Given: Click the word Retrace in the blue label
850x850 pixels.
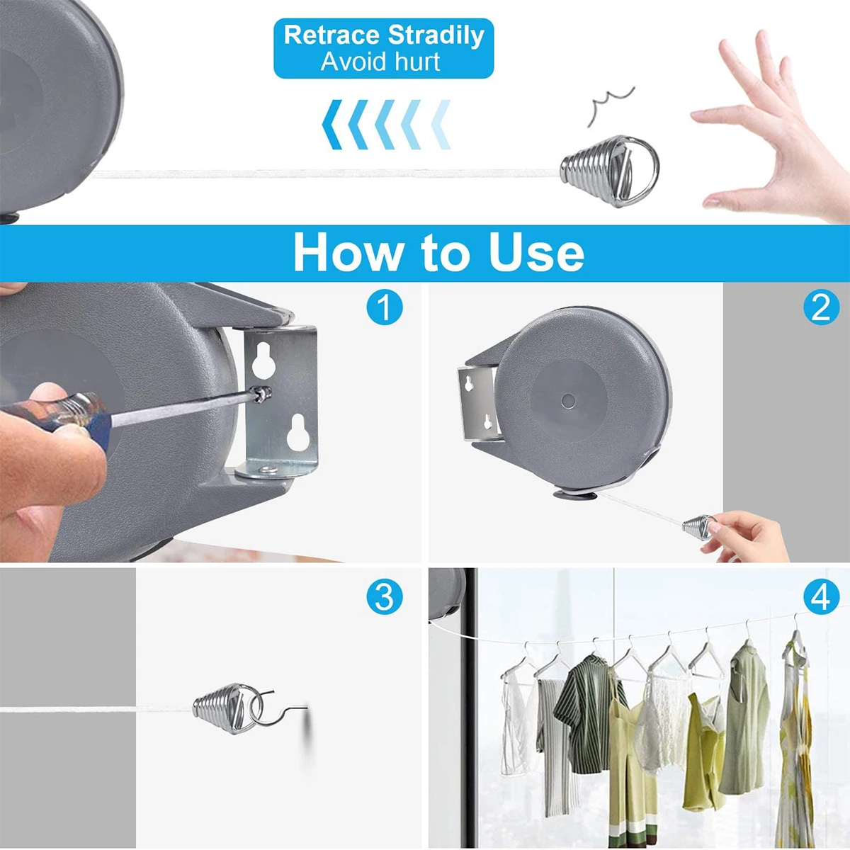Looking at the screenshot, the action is point(331,35).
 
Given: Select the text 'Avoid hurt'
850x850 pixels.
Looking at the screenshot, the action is point(380,62).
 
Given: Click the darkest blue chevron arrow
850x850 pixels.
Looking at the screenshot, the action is point(332,125).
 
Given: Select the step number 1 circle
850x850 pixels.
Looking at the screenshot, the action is point(385,307).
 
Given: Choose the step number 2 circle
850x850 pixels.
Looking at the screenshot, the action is point(821,307).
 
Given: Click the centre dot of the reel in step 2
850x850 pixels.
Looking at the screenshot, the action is point(567,400).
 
